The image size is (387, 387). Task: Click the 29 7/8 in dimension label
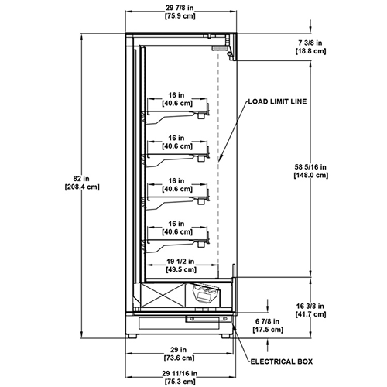coord(180,8)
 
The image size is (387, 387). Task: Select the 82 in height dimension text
coord(81,178)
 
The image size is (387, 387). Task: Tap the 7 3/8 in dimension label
coord(310,43)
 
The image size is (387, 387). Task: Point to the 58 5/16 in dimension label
coord(310,167)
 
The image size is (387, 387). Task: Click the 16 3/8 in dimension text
coord(310,306)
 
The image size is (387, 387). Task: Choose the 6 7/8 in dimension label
coord(267,321)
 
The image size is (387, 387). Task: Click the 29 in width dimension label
coord(178,350)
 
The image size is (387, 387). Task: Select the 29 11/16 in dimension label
coord(180,373)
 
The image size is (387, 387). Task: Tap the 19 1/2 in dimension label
coord(180,262)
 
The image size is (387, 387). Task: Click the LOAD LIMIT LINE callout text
coord(277,101)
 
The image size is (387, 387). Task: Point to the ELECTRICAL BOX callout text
coord(282,361)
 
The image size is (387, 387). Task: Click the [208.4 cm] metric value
coord(82,187)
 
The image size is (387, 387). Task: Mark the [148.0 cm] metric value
coord(311,175)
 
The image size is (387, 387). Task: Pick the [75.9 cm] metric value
coord(180,16)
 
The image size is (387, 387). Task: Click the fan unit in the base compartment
coord(207,293)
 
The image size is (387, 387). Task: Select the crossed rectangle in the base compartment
coord(163,295)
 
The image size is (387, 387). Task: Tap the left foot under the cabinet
coord(132,336)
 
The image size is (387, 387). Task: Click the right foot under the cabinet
coord(226,336)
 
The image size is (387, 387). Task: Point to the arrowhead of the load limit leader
coord(220,158)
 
